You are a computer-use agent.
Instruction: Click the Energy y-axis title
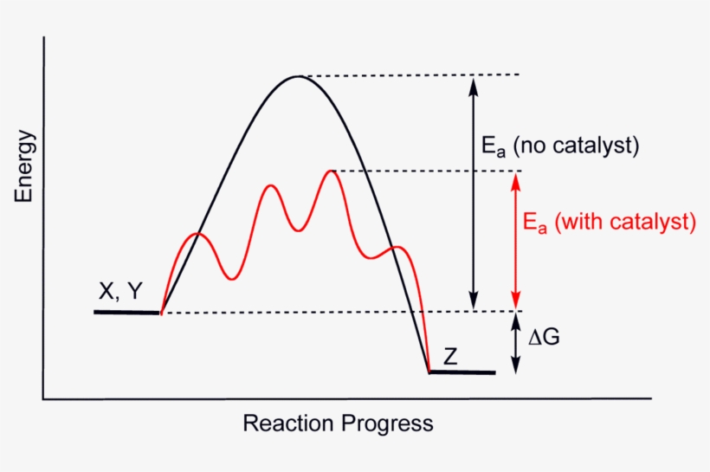coord(24,166)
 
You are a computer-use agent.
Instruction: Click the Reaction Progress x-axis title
coord(338,424)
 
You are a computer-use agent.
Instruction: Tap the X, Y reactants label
coord(120,292)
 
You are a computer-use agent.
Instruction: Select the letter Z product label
coord(450,356)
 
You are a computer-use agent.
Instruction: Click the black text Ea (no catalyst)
coord(560,145)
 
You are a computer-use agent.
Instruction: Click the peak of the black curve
coord(298,77)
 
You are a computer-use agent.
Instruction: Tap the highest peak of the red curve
coord(330,171)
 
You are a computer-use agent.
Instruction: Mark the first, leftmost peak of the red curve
coord(198,234)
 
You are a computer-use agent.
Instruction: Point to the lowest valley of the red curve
coord(231,278)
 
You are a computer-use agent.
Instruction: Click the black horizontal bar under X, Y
coord(127,311)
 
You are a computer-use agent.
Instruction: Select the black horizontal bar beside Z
coord(462,372)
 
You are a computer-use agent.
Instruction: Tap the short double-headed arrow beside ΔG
coord(515,342)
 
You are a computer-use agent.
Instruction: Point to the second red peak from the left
coord(272,185)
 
